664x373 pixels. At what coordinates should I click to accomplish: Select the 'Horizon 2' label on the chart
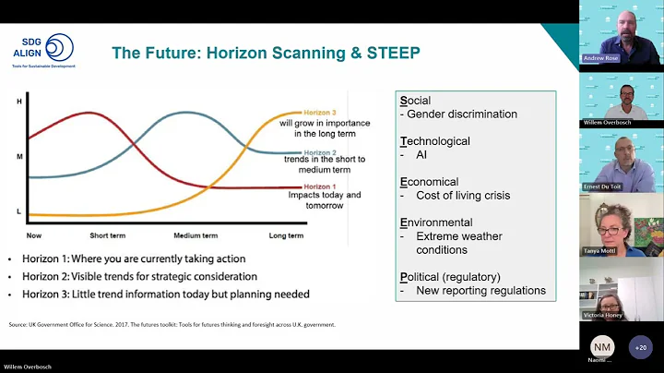coord(320,150)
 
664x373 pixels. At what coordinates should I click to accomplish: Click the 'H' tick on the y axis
coord(19,101)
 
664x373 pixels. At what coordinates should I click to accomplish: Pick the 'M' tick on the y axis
coord(19,156)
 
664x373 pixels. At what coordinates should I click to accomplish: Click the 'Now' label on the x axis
coord(34,235)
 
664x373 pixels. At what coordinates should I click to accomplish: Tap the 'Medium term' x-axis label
coord(194,235)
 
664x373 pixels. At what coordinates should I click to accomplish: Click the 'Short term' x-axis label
coord(107,235)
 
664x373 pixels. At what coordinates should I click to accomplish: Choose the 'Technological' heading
coord(434,141)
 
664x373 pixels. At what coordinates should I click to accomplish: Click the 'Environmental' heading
coord(436,223)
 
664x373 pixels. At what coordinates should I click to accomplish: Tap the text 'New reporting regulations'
coord(480,291)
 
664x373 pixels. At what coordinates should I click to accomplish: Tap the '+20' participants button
coord(640,347)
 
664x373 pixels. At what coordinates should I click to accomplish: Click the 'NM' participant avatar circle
coord(602,345)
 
